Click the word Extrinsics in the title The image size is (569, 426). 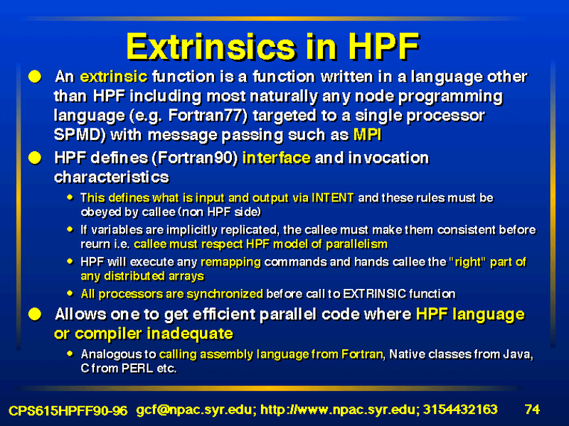tap(211, 47)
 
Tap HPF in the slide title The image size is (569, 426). tap(384, 47)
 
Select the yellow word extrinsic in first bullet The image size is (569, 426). tap(114, 77)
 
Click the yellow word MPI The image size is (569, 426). tap(367, 135)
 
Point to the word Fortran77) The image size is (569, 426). tap(208, 116)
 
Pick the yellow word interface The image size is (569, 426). tap(277, 158)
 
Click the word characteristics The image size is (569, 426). tap(112, 177)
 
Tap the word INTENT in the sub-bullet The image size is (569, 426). tap(332, 198)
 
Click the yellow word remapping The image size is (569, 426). tap(230, 262)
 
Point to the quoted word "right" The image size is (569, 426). tap(467, 262)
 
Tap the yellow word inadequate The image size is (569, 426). tap(190, 334)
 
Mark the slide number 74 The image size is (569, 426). tap(532, 410)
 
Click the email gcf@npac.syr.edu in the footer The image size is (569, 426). tap(196, 410)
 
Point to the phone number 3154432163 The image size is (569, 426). tap(460, 410)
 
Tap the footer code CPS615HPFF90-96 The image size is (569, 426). tap(68, 410)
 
